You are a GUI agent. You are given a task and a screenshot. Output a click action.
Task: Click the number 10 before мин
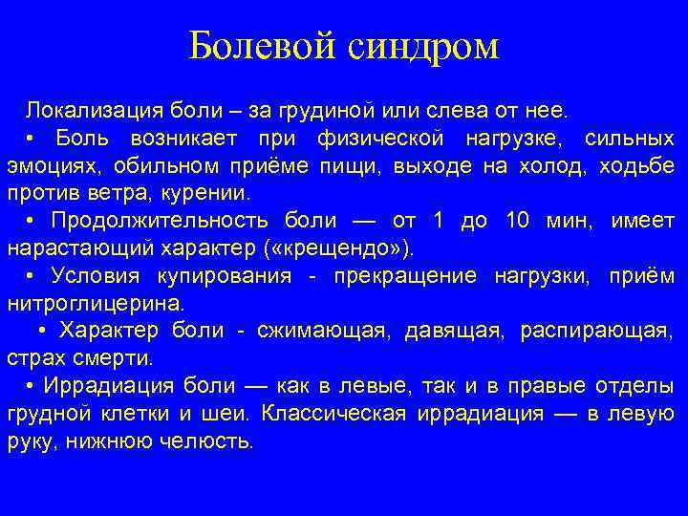(517, 221)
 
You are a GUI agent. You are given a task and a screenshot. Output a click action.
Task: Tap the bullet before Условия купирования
(32, 276)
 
